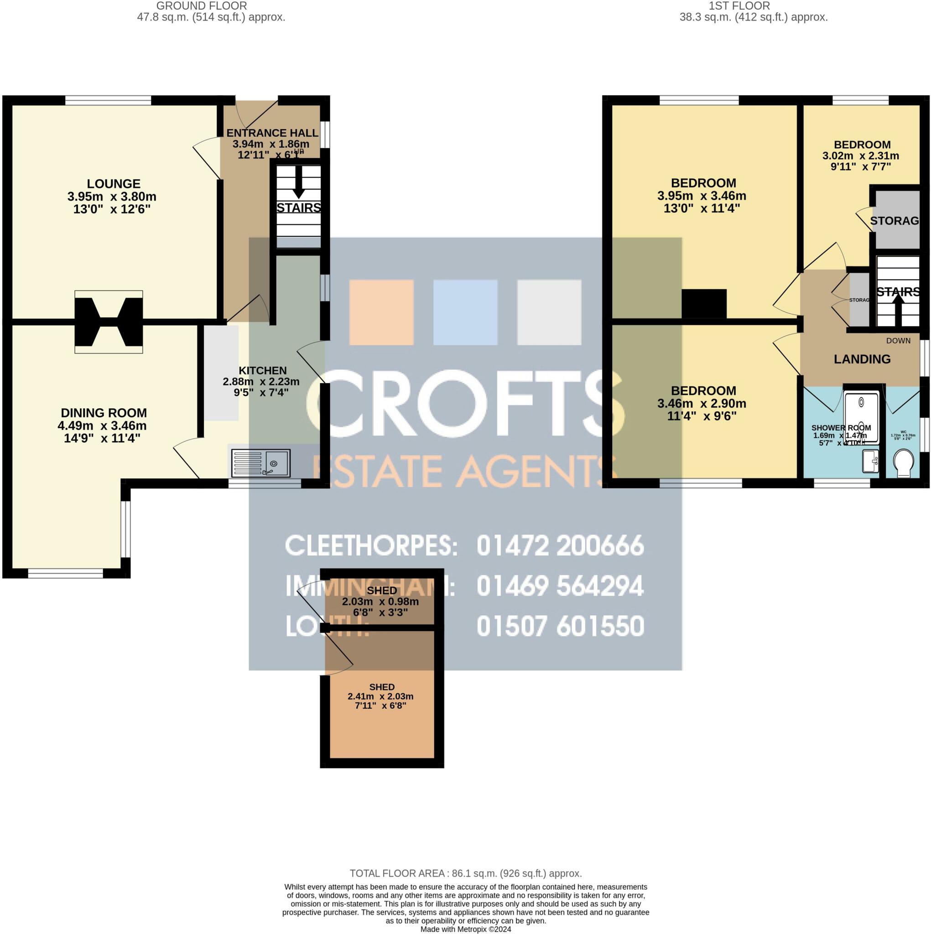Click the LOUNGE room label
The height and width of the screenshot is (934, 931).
point(114,184)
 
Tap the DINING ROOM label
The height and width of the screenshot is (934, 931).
point(104,413)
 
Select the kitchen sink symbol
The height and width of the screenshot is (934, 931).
point(260,463)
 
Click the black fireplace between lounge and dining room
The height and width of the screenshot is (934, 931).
point(109,322)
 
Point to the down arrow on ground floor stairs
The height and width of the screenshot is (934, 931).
point(299,184)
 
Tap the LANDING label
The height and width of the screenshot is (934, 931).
point(862,359)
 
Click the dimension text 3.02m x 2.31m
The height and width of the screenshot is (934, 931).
point(861,156)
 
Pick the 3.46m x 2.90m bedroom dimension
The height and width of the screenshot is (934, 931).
point(702,403)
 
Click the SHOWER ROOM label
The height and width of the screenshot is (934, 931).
point(841,428)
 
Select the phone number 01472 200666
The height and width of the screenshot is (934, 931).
point(560,546)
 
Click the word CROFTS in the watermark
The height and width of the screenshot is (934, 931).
point(464,401)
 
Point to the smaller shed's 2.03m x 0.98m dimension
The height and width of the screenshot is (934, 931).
point(380,602)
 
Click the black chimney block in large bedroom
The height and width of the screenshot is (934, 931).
point(704,304)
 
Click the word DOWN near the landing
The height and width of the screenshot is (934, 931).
point(898,341)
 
